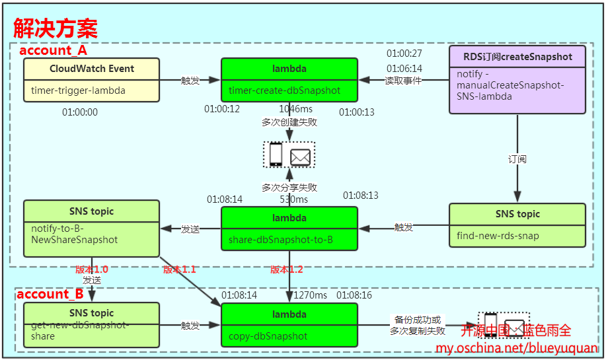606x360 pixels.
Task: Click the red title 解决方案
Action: pos(56,28)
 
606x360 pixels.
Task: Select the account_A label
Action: pos(53,50)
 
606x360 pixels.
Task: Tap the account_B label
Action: pos(50,294)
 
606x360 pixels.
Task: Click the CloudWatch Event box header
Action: pos(92,69)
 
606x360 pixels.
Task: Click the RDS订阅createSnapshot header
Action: pos(517,56)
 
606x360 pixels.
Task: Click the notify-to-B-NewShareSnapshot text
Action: pos(75,234)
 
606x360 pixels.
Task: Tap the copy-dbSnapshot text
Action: pos(268,336)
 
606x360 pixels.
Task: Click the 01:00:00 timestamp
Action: pos(80,112)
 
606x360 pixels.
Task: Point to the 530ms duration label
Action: pos(294,199)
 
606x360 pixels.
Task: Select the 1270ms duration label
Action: pos(311,295)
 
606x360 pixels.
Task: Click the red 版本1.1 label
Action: pos(179,270)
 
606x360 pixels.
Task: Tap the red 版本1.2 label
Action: pos(286,270)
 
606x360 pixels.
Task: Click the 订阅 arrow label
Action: pos(517,159)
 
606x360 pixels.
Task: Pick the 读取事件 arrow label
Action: pos(403,80)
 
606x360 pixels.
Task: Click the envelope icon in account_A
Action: pos(300,156)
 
